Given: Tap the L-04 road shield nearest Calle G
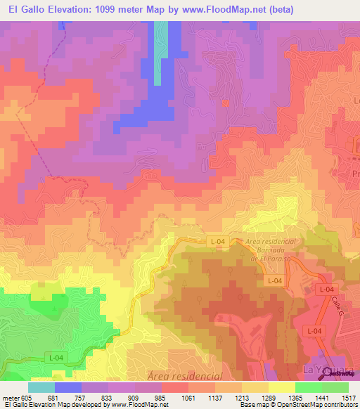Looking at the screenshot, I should click(x=324, y=290).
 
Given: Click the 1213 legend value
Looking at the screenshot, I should click(x=241, y=398).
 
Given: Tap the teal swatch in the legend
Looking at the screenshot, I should click(x=41, y=387).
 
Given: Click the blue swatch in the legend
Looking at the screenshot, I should click(x=68, y=387).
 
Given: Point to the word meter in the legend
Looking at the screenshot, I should click(x=9, y=398).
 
